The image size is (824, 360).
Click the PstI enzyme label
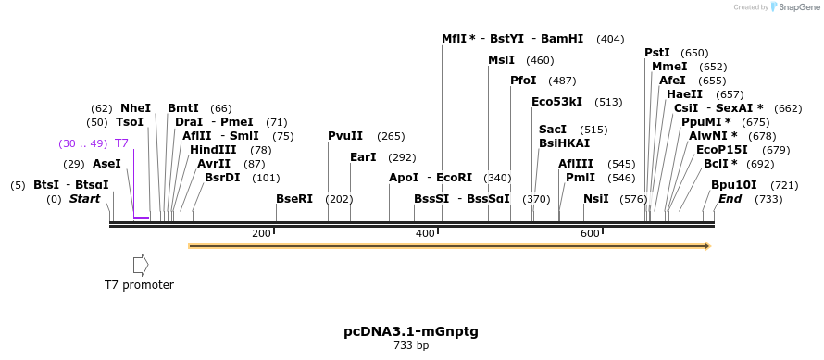pos(657,53)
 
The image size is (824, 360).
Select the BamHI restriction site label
pos(562,39)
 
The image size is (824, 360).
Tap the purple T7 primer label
pos(121,143)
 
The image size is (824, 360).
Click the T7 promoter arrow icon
pos(141,265)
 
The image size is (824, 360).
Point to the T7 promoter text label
pos(139,285)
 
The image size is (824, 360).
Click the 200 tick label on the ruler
pos(261,233)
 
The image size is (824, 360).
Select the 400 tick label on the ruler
pos(425,233)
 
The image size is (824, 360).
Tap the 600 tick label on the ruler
pos(590,233)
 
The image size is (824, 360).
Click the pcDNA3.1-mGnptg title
pos(411,330)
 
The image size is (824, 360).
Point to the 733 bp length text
pos(411,345)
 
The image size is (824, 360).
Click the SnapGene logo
pos(794,6)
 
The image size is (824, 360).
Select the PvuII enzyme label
pos(345,136)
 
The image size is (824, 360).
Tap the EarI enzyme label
pos(363,157)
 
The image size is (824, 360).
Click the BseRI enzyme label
pos(294,199)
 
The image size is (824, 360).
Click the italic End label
pos(730,199)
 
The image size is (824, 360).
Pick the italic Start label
pos(84,199)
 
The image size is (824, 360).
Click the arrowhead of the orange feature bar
pos(707,246)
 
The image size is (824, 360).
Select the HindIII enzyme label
pos(213,150)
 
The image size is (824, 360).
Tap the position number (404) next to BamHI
pos(610,39)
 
